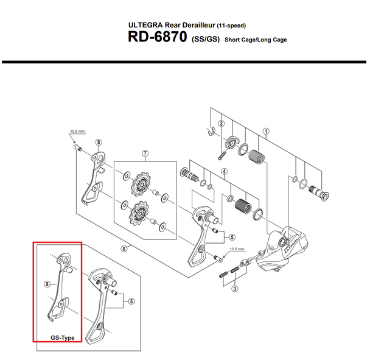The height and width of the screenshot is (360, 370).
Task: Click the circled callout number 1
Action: tap(266, 131)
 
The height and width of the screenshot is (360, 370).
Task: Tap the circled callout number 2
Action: tap(221, 123)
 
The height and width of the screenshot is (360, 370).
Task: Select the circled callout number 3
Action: tap(234, 289)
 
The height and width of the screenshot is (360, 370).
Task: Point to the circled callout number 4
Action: tap(224, 171)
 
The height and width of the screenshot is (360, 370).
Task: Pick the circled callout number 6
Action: tap(124, 249)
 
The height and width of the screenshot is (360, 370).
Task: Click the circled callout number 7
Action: tap(145, 154)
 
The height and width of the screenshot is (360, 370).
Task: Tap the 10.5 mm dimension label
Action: tap(77, 132)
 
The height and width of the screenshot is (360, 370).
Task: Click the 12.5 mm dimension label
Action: tap(237, 249)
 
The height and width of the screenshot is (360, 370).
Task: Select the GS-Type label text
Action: tap(63, 338)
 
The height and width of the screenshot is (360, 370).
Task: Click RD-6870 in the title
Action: tap(158, 37)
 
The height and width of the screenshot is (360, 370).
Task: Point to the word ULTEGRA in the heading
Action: tap(145, 25)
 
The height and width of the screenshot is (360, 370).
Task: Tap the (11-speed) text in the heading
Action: tap(231, 26)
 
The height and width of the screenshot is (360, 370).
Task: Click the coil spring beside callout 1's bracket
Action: tap(257, 157)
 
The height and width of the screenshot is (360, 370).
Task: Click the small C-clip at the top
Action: tap(212, 131)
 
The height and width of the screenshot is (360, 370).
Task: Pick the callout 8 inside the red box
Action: tap(47, 284)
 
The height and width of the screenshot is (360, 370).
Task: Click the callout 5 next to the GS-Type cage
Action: tap(131, 301)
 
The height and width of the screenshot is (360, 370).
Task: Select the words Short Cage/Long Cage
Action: tap(256, 40)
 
